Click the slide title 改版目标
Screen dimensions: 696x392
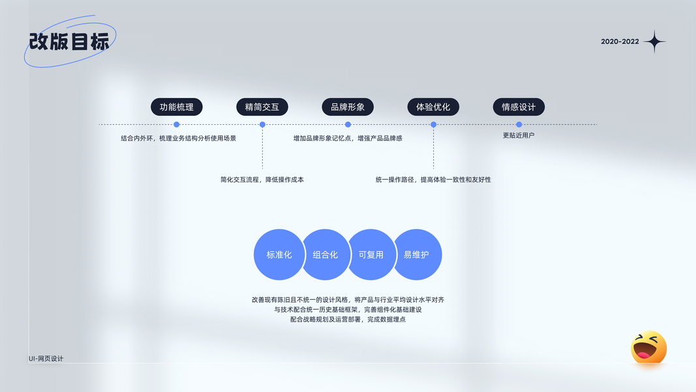69,42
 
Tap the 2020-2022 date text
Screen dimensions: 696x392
620,42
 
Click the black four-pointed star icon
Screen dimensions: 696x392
654,42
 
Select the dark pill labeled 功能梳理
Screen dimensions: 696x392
177,107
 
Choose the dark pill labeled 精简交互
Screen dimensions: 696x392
262,107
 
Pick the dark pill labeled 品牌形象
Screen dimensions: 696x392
348,107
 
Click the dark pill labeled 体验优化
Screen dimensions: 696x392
433,107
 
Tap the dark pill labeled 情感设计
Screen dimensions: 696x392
519,107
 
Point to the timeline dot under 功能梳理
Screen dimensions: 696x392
177,124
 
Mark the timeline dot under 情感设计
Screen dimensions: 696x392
519,124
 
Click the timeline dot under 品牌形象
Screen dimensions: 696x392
348,124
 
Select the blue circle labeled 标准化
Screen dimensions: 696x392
279,255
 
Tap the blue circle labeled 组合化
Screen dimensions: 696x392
325,255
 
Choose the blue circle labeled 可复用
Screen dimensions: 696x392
371,255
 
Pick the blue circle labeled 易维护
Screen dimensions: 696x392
417,255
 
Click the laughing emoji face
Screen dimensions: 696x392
648,348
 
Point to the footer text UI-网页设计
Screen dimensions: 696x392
46,358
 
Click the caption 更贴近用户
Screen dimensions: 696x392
519,135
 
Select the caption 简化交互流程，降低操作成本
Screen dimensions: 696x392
262,179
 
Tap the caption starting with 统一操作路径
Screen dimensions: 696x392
433,179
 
